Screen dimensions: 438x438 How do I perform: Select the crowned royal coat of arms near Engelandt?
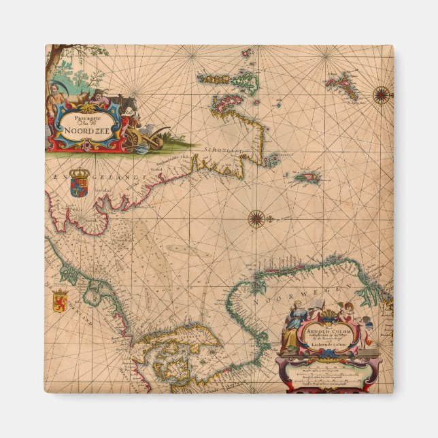(x=80, y=182)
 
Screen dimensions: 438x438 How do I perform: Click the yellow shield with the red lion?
(x=59, y=300)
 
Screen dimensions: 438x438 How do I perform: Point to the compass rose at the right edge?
(x=382, y=95)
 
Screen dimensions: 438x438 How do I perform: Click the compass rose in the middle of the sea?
(x=256, y=218)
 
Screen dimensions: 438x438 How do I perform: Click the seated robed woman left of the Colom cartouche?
(x=291, y=326)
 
